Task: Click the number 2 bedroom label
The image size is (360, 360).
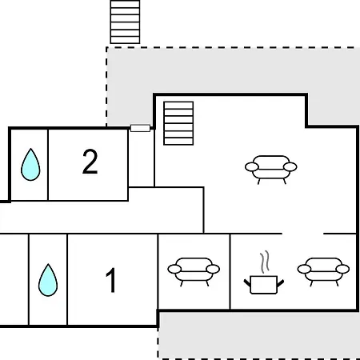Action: click(90, 162)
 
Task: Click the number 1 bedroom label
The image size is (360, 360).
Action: click(111, 280)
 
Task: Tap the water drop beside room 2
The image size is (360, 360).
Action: click(30, 165)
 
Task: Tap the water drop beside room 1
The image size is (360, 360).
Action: click(48, 280)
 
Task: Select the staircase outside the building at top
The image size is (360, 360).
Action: click(125, 22)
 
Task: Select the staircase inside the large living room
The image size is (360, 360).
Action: click(178, 123)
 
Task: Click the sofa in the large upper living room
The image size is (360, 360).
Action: click(271, 170)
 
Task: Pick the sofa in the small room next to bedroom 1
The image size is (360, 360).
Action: click(194, 272)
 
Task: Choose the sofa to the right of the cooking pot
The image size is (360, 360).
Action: click(323, 272)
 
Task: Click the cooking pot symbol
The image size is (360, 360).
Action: click(264, 285)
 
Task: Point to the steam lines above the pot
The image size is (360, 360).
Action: click(265, 262)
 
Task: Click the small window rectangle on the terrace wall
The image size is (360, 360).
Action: click(140, 128)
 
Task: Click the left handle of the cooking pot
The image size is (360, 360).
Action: click(247, 283)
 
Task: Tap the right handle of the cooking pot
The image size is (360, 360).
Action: click(281, 283)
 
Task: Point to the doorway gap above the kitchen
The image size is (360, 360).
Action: click(302, 234)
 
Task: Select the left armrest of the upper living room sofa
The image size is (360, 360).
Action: click(252, 167)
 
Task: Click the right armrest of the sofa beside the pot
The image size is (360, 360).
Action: click(342, 269)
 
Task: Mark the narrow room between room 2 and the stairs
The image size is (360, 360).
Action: click(141, 158)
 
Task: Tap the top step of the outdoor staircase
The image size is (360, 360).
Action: click(125, 4)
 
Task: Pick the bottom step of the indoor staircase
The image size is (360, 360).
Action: click(178, 142)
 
